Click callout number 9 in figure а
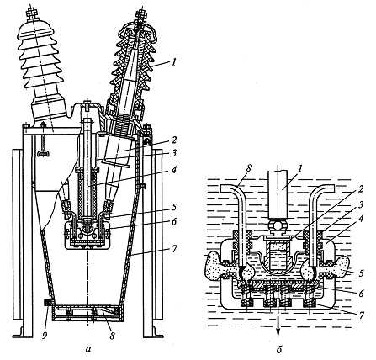click(x=44, y=335)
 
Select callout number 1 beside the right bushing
click(x=174, y=62)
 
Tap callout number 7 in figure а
click(x=173, y=248)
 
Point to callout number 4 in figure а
click(x=174, y=170)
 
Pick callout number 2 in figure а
click(x=174, y=140)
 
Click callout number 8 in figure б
click(x=249, y=169)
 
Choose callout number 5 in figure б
click(x=361, y=273)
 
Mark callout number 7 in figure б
click(x=361, y=315)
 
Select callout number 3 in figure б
click(x=361, y=204)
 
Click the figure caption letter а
click(x=88, y=349)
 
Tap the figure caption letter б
click(x=278, y=349)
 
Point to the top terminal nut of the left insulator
click(x=31, y=13)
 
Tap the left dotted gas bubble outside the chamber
click(x=214, y=265)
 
